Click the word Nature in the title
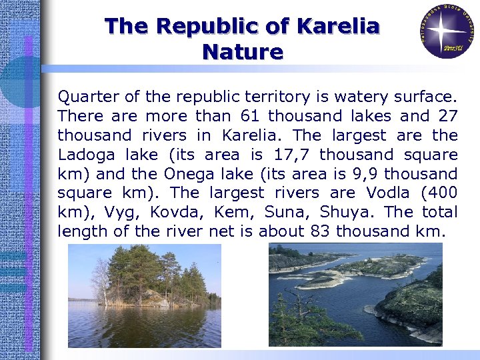pos(243,51)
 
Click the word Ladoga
pos(84,155)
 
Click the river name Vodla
pos(389,193)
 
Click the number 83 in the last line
pos(319,232)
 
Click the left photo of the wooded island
pos(144,295)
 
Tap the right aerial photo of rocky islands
pos(355,294)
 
